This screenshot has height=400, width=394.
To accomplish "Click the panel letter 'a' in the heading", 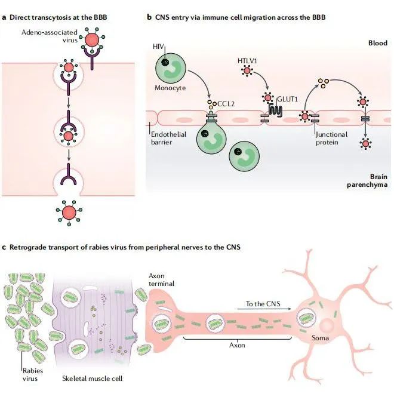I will [x=5, y=18].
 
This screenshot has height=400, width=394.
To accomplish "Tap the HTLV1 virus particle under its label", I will [x=246, y=72].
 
